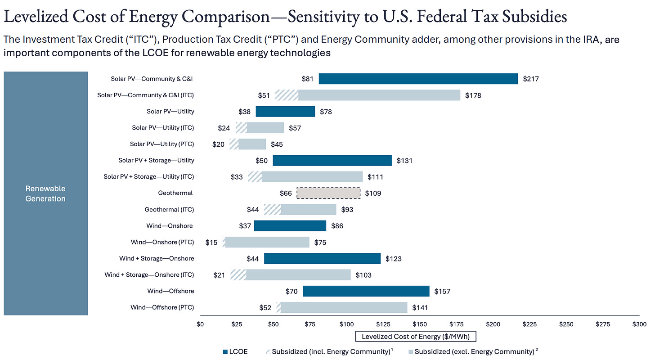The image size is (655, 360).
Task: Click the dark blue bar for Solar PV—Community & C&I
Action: [418, 79]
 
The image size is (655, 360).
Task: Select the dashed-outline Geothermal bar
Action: [328, 193]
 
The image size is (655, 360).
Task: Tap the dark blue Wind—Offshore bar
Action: [366, 291]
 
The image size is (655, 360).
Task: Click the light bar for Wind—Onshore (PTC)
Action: [267, 242]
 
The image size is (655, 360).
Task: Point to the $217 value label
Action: [531, 79]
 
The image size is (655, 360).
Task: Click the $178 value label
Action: [473, 95]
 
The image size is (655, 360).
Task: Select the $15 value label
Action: [211, 242]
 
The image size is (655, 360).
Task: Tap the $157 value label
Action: [442, 291]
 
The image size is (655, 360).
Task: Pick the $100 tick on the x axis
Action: [347, 324]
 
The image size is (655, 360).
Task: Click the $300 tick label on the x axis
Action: [639, 324]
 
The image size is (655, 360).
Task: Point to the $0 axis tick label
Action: [201, 324]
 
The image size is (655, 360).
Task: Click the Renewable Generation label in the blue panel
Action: [45, 193]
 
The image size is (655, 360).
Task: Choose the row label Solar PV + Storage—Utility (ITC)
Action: [149, 177]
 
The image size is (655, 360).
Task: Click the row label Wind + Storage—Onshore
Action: [157, 258]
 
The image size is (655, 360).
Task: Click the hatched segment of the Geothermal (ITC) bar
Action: [272, 210]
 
